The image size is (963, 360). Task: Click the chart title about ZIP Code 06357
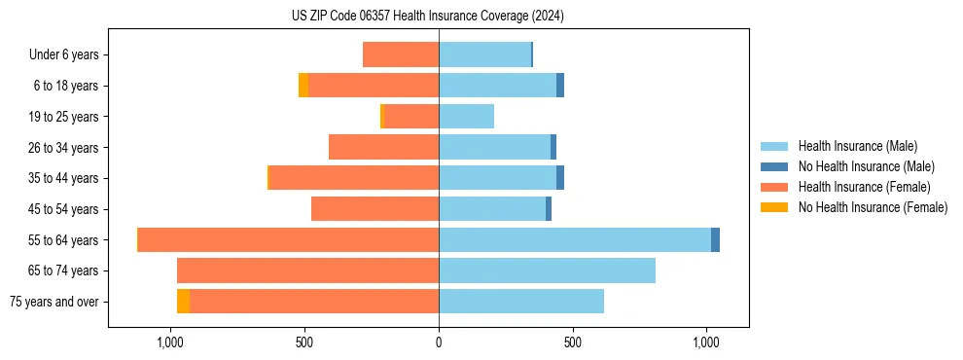[x=428, y=17]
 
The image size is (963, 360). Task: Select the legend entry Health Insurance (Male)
[x=856, y=146]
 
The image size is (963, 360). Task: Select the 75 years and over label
[x=54, y=302]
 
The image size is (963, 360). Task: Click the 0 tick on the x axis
[x=439, y=342]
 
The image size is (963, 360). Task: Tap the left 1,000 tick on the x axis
[x=170, y=342]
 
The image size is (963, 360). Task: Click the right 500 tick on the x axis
[x=573, y=342]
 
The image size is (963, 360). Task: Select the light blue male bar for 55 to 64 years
[x=574, y=239]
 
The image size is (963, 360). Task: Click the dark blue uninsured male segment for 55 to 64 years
[x=715, y=239]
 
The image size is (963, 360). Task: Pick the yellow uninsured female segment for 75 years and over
[x=183, y=302]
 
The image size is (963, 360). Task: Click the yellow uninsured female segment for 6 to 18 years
[x=303, y=86]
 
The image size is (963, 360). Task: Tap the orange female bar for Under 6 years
[x=401, y=55]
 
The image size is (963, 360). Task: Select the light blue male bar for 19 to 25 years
[x=467, y=117]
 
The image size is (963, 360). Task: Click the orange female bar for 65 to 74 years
[x=307, y=270]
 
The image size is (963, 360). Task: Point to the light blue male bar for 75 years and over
[x=521, y=302]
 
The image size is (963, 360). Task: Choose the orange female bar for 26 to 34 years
[x=383, y=147]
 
